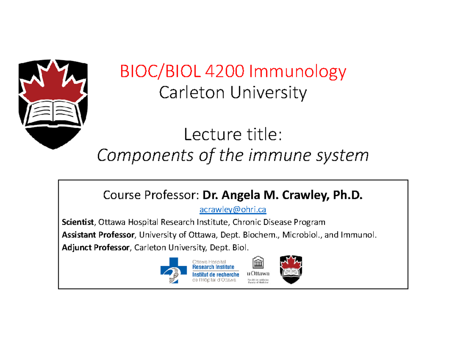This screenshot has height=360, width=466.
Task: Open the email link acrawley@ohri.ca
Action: click(233, 210)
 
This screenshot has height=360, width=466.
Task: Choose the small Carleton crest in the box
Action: click(291, 270)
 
